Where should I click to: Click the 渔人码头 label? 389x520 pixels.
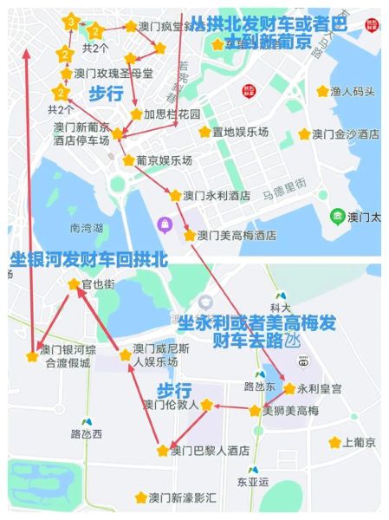pos(353,91)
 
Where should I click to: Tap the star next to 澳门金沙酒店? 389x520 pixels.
pos(304,134)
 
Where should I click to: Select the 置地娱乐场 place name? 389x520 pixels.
pos(240,132)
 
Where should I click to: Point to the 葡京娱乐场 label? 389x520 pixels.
pos(163,160)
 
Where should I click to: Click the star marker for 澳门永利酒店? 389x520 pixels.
pos(175,196)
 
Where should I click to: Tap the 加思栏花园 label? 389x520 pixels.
pos(172,114)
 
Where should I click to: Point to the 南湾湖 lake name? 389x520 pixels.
pos(86,229)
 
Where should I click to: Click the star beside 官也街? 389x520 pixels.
pos(74,283)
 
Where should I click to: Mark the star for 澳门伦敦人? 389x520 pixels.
pos(206,404)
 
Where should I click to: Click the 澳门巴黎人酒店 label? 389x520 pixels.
pos(210,451)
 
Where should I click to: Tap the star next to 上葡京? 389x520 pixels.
pos(334,442)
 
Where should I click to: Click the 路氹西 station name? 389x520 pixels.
pos(86,433)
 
